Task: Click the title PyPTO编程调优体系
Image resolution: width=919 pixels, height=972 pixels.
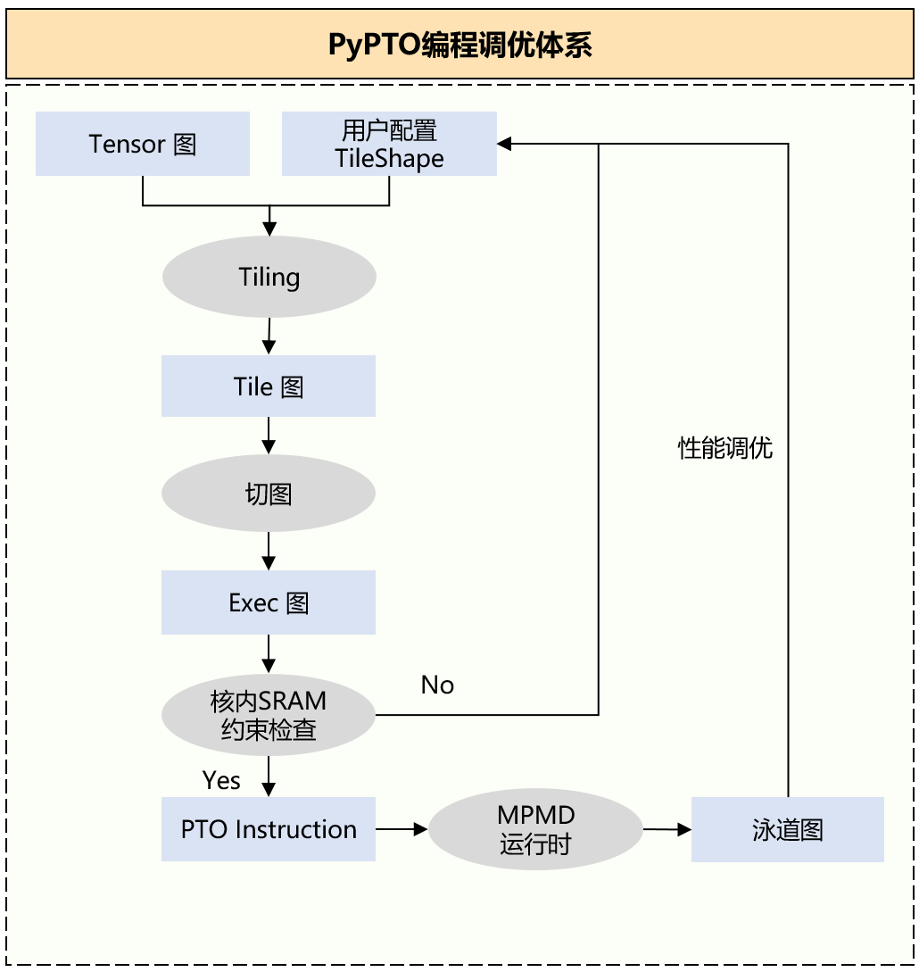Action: (x=459, y=45)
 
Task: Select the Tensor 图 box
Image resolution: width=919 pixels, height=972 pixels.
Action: (x=143, y=144)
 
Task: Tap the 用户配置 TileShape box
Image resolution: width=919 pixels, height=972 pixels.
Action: (x=389, y=144)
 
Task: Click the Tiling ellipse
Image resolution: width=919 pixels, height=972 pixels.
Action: (x=269, y=277)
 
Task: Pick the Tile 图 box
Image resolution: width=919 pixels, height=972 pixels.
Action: (x=269, y=386)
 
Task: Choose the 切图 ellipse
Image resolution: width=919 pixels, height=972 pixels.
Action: (x=269, y=494)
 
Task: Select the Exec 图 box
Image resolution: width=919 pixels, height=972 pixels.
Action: (x=269, y=602)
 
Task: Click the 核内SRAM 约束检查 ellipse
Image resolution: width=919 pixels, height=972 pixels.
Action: (x=269, y=715)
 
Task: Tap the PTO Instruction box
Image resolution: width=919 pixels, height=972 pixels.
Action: (x=269, y=829)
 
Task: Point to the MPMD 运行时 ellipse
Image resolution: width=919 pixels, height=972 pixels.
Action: (x=535, y=829)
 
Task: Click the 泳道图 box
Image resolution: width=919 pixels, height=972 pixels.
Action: (x=787, y=829)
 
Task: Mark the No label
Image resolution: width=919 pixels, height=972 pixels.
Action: (x=437, y=685)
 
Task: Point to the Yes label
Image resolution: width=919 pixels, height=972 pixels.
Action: (x=221, y=780)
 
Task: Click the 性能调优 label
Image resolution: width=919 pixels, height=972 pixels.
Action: (x=725, y=448)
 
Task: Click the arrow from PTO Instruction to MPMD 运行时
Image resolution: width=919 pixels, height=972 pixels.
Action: (x=402, y=829)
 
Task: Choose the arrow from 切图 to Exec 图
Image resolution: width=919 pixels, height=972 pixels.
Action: (x=269, y=552)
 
